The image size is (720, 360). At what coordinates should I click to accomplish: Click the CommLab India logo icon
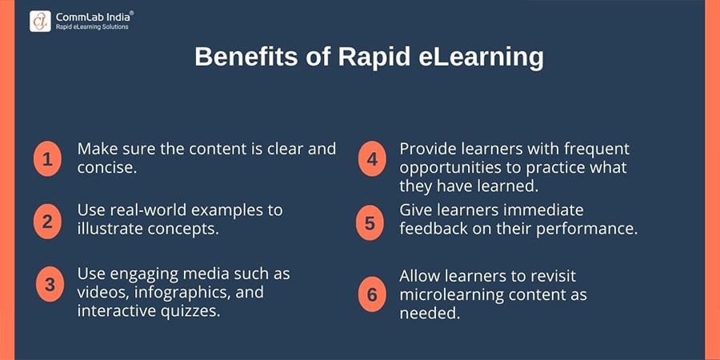tap(41, 19)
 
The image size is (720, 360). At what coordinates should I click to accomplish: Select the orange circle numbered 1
tap(48, 158)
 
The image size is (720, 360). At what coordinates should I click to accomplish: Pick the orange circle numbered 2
tap(48, 221)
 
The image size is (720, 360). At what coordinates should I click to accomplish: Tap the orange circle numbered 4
tap(371, 158)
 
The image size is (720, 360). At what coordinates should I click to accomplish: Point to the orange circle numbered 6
tap(371, 294)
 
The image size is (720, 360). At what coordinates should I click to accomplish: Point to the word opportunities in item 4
tap(450, 169)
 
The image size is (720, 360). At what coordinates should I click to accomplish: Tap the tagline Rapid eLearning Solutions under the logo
tap(92, 26)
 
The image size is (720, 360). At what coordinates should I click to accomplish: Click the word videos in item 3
tap(104, 292)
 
